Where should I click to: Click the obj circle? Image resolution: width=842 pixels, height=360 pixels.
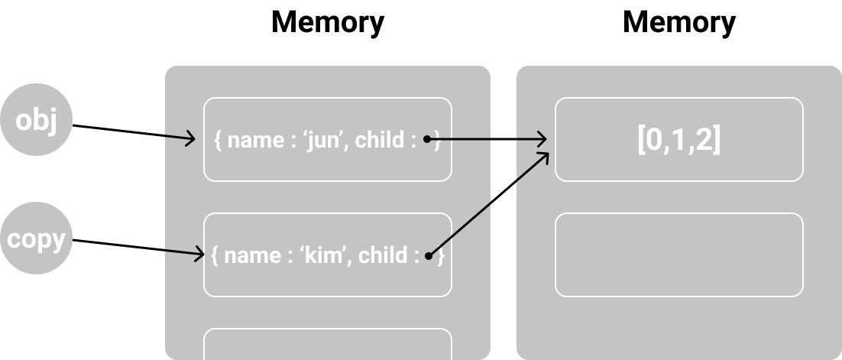[x=36, y=120]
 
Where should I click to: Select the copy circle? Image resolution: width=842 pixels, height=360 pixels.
[x=36, y=238]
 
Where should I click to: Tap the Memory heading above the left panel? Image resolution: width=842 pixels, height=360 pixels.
[x=328, y=23]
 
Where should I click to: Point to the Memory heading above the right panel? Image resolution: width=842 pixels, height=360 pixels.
[x=679, y=23]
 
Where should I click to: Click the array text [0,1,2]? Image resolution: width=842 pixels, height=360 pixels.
[x=679, y=139]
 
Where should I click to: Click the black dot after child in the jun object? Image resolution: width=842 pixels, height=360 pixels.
[x=427, y=139]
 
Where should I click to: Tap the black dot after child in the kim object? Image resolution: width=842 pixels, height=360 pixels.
[x=429, y=256]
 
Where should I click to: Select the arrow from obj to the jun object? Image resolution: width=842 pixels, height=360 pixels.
[x=134, y=132]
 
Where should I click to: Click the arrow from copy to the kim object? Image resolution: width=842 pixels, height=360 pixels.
[x=138, y=247]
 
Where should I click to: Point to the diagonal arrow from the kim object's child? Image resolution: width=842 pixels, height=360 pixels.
[x=489, y=204]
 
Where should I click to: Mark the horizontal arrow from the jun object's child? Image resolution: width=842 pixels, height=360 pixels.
[x=487, y=139]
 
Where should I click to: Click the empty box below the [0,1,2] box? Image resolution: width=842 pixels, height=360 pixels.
[x=679, y=255]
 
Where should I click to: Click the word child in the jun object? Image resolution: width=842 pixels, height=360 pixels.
[x=380, y=140]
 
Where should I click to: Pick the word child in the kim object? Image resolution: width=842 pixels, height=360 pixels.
[x=383, y=255]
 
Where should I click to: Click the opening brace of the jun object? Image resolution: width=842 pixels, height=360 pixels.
[x=218, y=140]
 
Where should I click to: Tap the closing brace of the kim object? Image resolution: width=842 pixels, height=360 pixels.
[x=442, y=256]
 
